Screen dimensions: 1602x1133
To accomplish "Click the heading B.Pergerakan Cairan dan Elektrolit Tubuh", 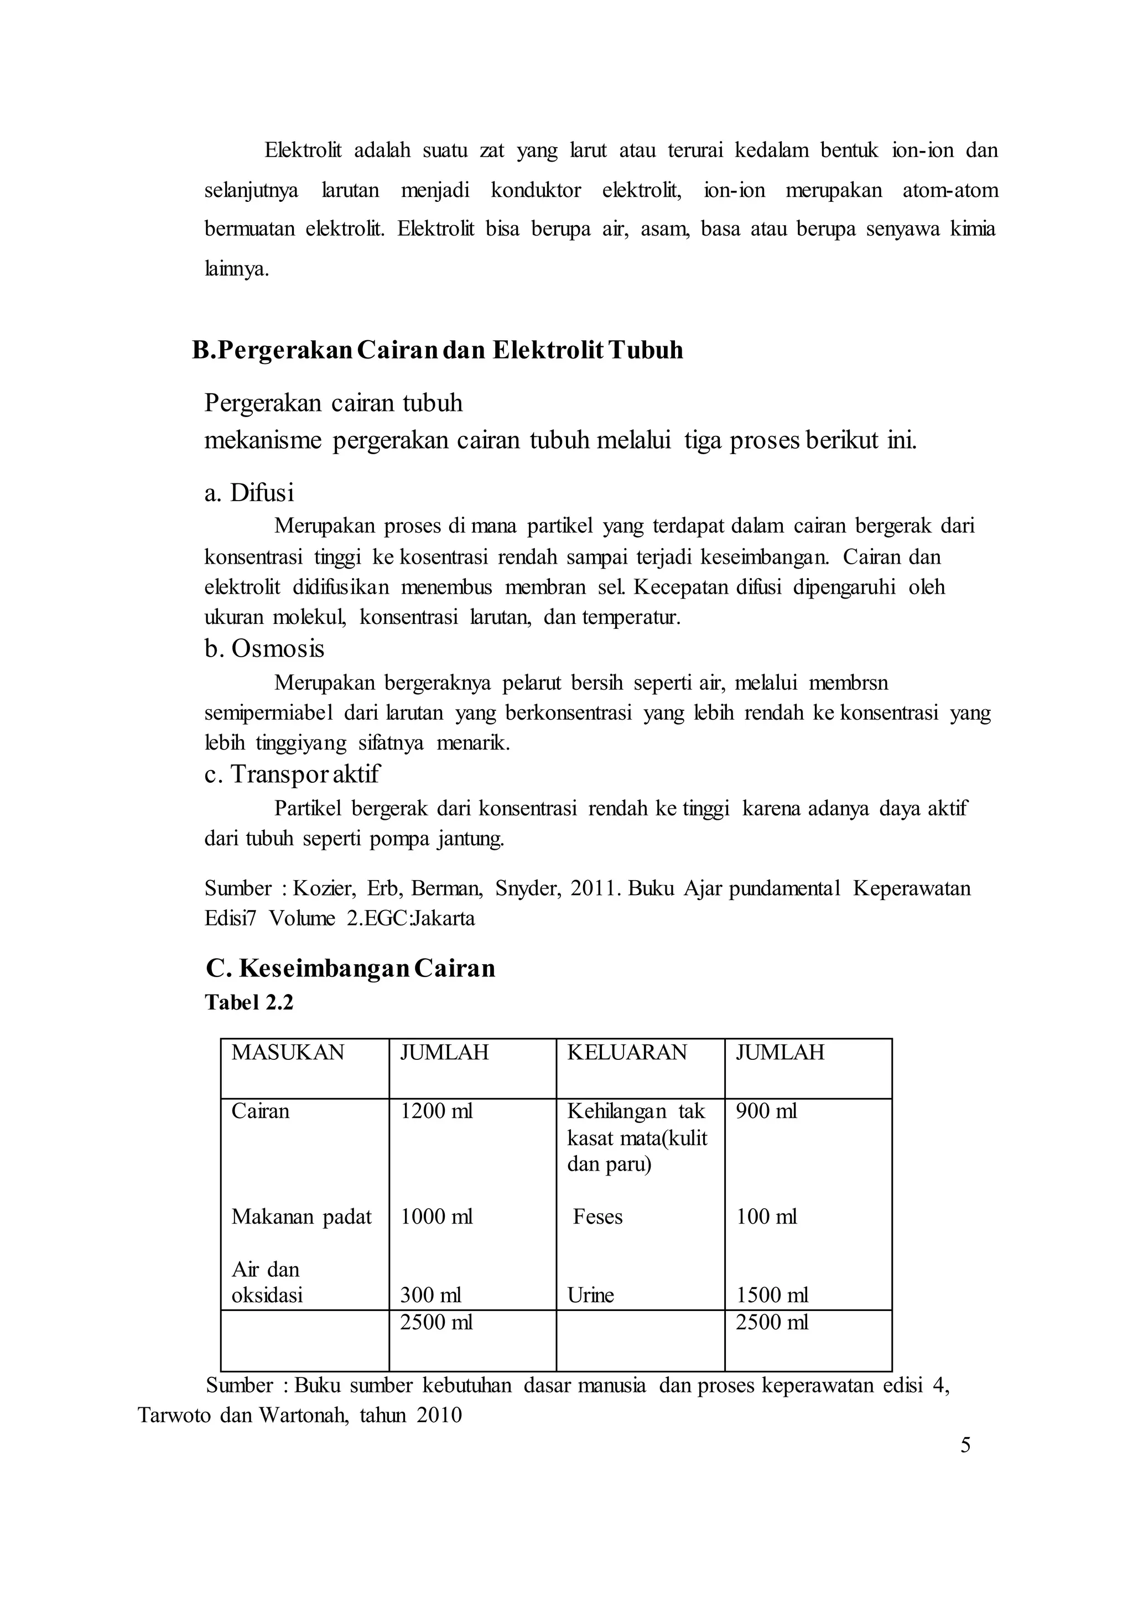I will pos(438,350).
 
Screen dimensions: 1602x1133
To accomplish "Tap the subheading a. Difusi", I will pos(249,493).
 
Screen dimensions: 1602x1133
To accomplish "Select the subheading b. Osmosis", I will pos(264,649).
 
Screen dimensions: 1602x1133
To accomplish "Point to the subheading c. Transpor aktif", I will pos(292,774).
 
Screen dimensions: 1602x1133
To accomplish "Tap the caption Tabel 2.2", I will pos(249,1003).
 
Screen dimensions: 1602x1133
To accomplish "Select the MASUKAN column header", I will pos(288,1053).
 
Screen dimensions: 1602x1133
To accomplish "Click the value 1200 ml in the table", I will pos(436,1111).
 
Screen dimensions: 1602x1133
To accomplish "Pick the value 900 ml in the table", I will pos(766,1111).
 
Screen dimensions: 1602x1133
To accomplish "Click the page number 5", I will pos(965,1445).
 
